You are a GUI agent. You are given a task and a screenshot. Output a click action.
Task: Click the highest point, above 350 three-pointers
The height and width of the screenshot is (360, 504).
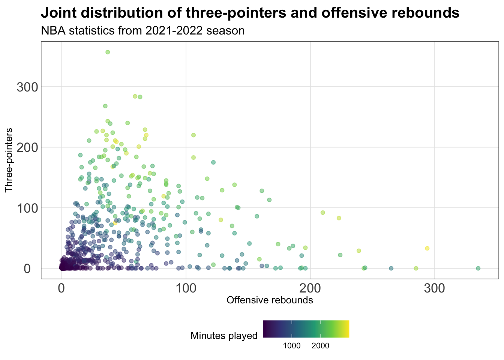108,52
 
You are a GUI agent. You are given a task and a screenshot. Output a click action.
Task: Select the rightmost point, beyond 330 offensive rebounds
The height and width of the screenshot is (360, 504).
478,268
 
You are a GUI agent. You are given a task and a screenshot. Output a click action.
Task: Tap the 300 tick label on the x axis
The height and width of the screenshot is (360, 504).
435,288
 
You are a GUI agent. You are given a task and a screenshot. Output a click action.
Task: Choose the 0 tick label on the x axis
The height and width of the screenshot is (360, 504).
61,288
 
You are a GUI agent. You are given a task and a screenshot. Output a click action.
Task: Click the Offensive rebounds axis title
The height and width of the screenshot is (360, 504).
270,300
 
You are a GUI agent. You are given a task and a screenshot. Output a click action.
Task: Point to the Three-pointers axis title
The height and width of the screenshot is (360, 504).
9,160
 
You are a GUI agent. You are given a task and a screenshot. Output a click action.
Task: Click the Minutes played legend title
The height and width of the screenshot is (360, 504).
224,336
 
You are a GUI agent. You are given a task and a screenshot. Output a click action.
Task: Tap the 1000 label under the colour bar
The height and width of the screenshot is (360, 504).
292,346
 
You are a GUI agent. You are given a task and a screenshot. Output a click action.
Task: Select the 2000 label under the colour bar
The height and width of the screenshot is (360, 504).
321,346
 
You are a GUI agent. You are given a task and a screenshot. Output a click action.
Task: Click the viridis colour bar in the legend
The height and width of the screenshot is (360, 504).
306,329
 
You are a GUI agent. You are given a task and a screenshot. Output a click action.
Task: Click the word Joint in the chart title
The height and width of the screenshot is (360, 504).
57,13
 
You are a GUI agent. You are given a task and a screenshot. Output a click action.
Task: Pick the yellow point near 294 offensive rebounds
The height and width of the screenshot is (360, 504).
427,248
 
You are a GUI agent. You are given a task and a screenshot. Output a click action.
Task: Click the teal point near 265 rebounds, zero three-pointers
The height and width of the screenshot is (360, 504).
391,268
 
